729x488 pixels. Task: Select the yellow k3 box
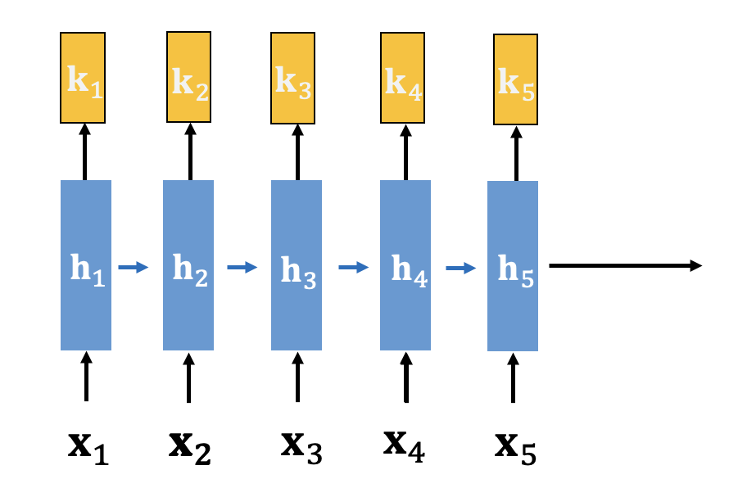(x=297, y=78)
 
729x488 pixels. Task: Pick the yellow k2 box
(x=189, y=77)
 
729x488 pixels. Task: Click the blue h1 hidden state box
(x=85, y=265)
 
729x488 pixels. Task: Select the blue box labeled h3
(x=297, y=265)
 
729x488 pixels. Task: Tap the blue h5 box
(x=513, y=265)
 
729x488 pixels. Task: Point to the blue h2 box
(x=188, y=265)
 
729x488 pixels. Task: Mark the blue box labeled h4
(x=405, y=265)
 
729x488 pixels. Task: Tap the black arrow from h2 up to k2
(x=189, y=151)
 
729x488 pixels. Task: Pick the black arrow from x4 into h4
(x=405, y=377)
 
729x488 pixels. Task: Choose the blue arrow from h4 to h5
(x=460, y=266)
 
